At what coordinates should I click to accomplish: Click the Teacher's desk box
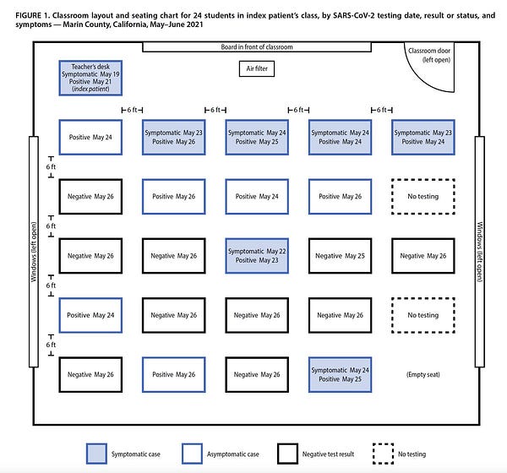coord(90,78)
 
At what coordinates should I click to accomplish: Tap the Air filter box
coord(257,69)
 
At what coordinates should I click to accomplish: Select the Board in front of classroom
coord(257,47)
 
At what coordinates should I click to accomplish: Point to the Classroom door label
coord(429,55)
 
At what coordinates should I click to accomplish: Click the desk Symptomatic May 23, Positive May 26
coord(173,138)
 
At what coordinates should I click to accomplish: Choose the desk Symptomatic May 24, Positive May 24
coord(341,138)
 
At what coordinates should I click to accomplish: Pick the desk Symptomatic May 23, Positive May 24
coord(423,138)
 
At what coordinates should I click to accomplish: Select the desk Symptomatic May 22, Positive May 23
coord(257,256)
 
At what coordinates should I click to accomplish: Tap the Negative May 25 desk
coord(341,256)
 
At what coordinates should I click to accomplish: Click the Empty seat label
coord(423,375)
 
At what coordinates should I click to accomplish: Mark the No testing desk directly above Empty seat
coord(423,315)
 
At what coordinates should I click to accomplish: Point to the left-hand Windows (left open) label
coord(34,252)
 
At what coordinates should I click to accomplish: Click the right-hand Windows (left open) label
coord(480,252)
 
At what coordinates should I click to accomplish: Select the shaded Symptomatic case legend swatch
coord(96,454)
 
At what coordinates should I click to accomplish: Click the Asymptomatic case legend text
coord(233,454)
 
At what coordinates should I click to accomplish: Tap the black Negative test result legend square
coord(287,454)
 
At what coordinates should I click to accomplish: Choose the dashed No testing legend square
coord(383,454)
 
